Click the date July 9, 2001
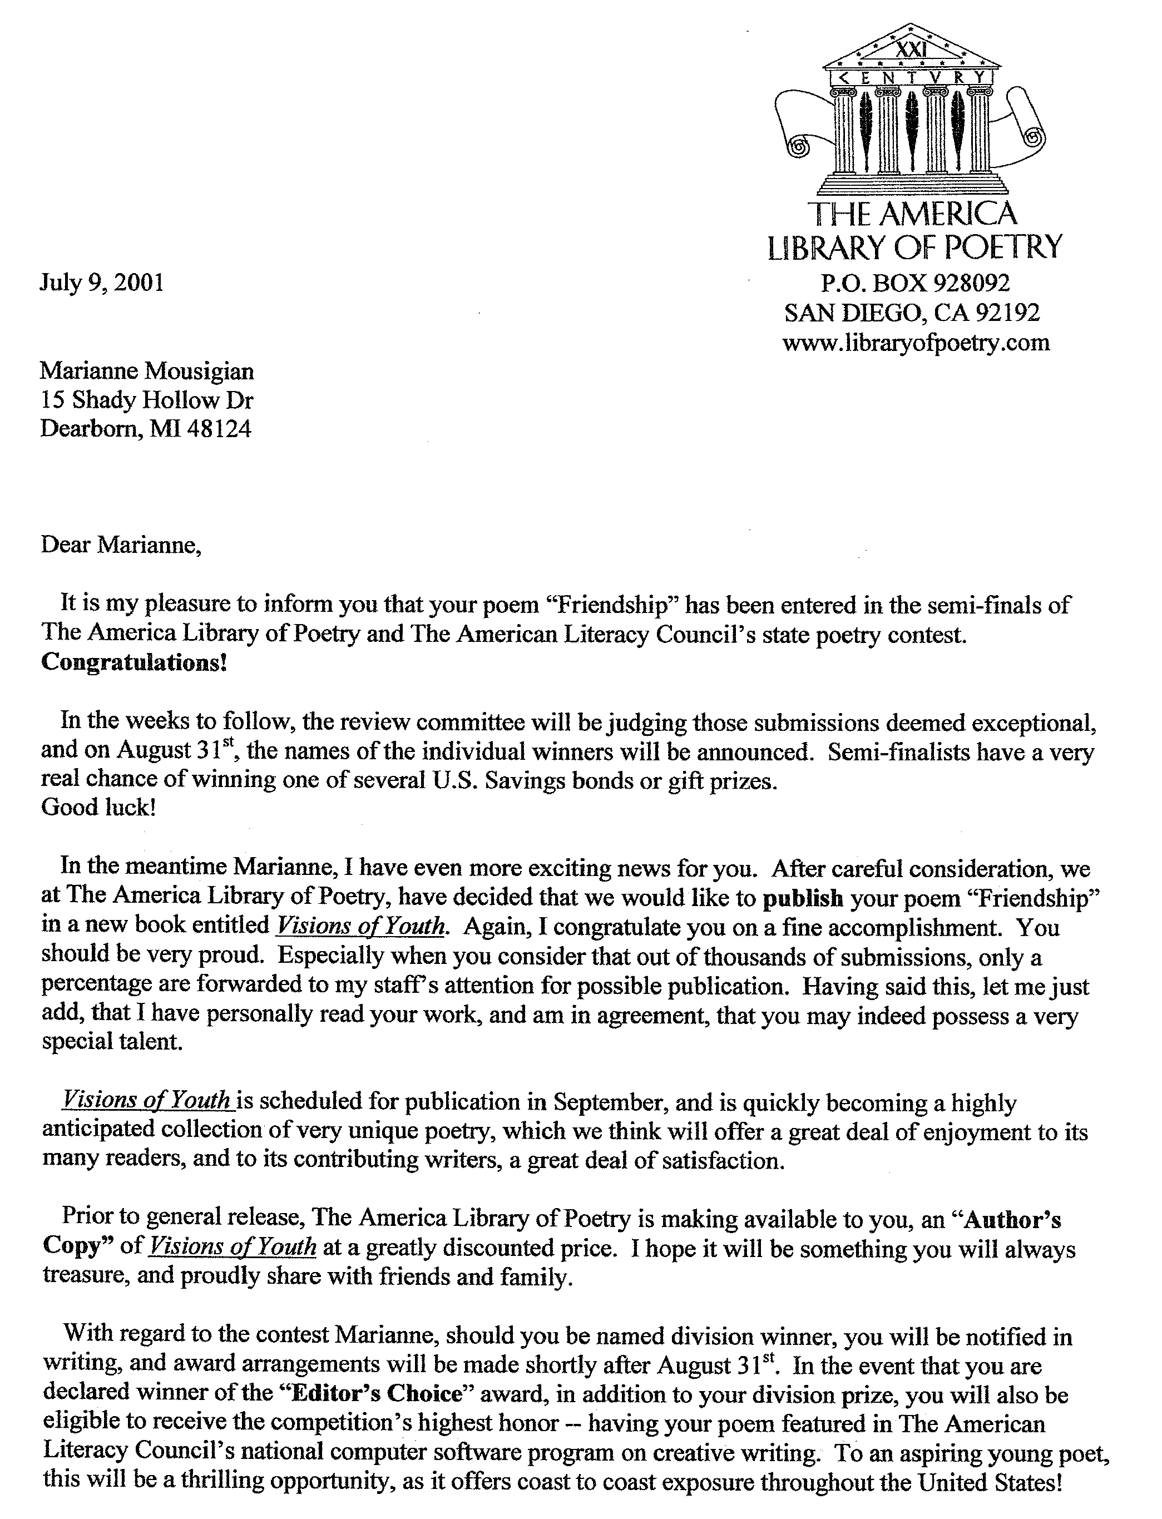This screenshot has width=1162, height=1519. click(102, 283)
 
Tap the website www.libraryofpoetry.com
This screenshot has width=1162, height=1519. click(916, 343)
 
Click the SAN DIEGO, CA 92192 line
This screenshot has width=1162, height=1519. click(912, 313)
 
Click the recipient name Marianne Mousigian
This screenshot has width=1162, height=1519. click(147, 372)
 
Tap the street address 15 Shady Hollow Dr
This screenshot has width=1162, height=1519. click(147, 400)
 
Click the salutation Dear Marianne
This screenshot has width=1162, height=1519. click(121, 545)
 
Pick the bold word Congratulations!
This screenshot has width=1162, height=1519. click(134, 662)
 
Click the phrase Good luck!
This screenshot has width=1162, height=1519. click(98, 806)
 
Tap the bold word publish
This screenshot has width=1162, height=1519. click(802, 898)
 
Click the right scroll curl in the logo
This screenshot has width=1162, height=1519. click(1031, 136)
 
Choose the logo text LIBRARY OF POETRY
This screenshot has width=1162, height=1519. click(914, 247)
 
